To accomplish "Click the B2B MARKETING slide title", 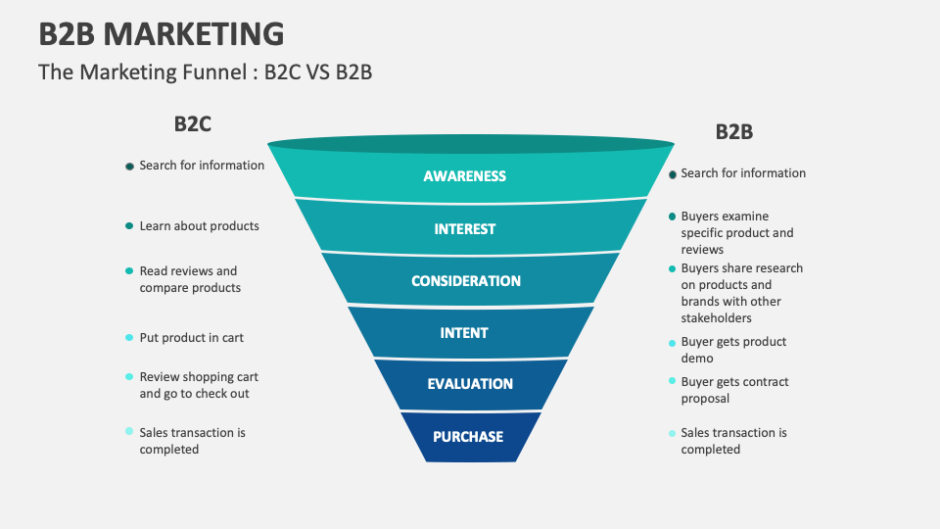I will point(162,33).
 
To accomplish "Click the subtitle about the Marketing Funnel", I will point(205,72).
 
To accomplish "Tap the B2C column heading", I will point(192,124).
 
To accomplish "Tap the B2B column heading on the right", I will point(733,132).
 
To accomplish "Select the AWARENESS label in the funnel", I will point(464,176).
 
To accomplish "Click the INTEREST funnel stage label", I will point(464,229).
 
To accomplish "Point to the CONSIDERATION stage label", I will point(465,281).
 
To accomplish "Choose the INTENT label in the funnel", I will point(464,333).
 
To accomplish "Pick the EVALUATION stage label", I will point(470,384).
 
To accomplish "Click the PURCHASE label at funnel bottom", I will point(469,437).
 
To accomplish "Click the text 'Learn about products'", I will point(199,226).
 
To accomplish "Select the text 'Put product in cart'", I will point(191,338).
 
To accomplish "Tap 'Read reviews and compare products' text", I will point(189,279).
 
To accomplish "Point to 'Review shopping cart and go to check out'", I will point(199,385).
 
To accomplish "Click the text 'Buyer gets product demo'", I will point(733,351).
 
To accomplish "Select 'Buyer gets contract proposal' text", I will point(734,390).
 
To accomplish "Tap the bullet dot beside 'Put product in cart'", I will point(129,338).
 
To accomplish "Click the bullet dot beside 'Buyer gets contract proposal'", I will point(672,381).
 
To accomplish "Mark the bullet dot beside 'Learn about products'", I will point(129,226).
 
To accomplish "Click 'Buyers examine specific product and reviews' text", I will point(737,233).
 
